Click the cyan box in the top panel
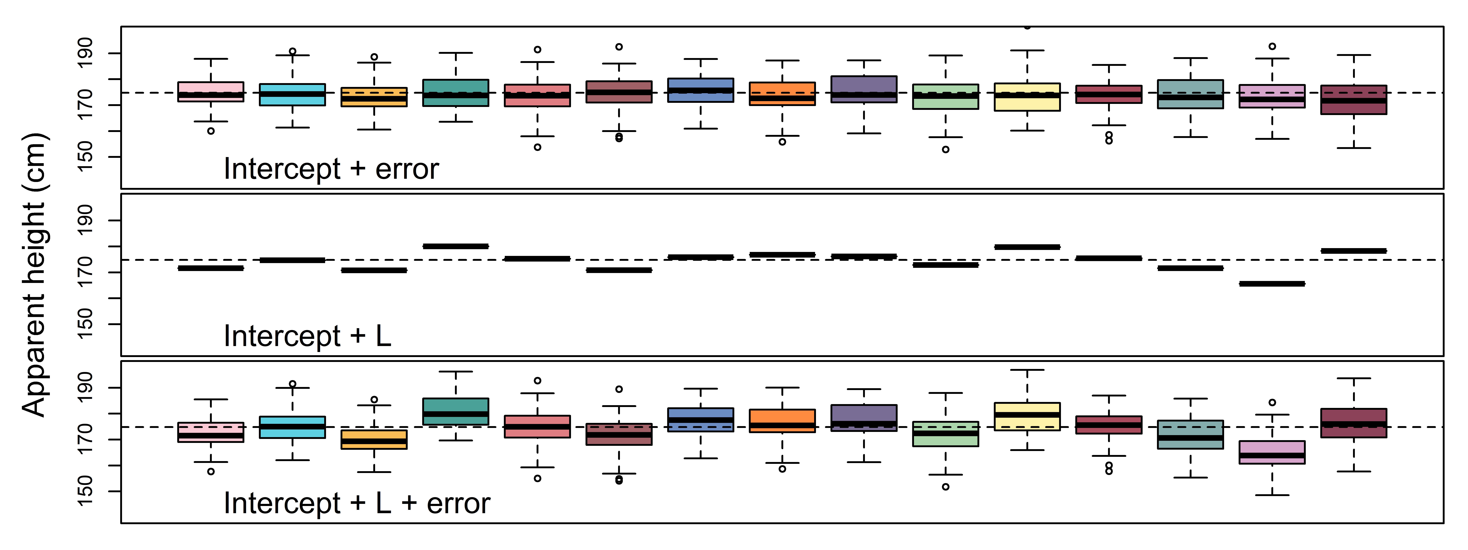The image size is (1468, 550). tap(292, 95)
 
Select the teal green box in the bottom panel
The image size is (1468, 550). tap(455, 411)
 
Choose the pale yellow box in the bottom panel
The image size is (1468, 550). tap(1027, 416)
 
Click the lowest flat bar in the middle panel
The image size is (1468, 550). tap(1272, 284)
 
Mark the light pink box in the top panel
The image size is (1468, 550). tap(211, 92)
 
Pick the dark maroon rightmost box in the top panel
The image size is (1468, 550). tap(1353, 100)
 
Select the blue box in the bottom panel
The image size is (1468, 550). tap(700, 420)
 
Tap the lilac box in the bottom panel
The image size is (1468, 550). tap(1272, 452)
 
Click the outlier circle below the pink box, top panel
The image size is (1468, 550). tap(211, 131)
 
